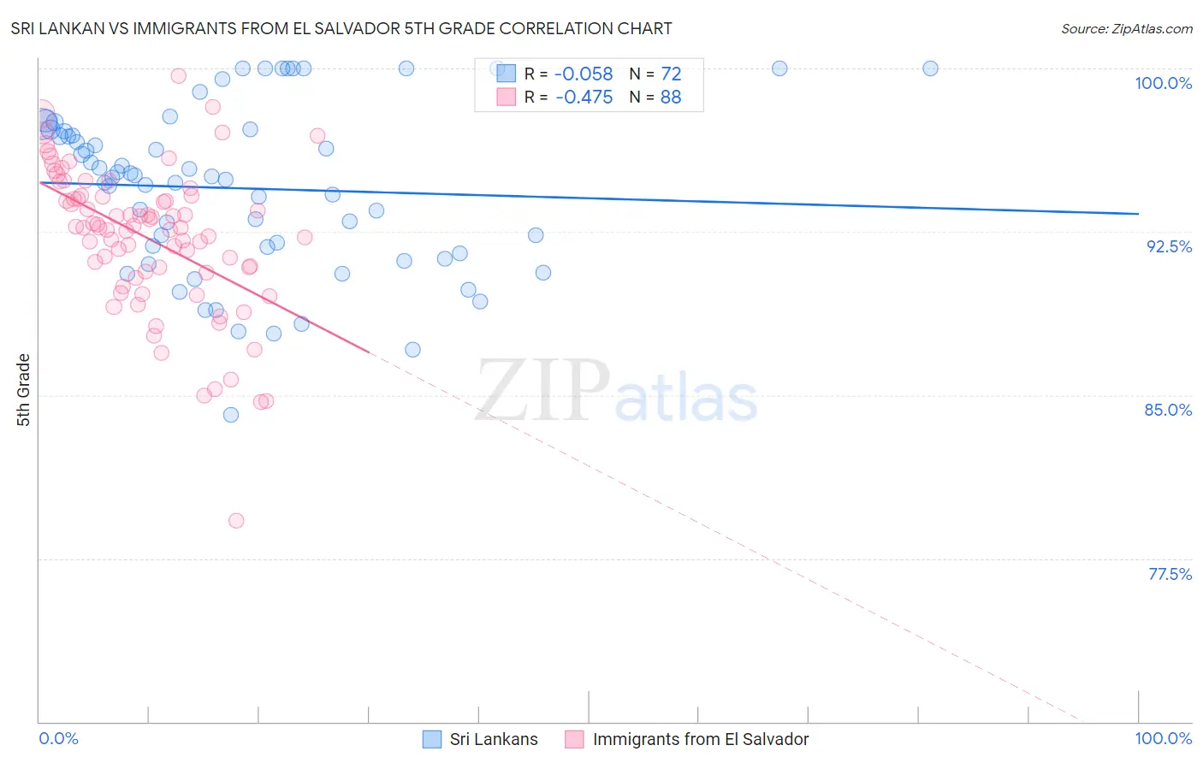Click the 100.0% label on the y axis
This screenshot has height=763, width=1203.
click(1163, 83)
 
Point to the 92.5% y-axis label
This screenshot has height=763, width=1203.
click(1169, 246)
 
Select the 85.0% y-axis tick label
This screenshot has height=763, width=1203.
click(1168, 410)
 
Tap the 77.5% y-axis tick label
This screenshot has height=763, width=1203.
click(1170, 574)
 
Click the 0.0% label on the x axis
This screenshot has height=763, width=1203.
click(58, 738)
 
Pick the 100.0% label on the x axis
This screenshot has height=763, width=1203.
click(1163, 738)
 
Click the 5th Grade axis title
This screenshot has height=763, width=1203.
click(23, 390)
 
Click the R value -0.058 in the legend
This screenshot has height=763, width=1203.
click(584, 74)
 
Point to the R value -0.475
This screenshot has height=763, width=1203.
click(584, 98)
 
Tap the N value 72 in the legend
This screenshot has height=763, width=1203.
click(671, 74)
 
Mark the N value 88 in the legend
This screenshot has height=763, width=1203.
click(671, 98)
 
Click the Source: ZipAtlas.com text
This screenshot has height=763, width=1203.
click(1126, 29)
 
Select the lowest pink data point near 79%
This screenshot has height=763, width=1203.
click(236, 520)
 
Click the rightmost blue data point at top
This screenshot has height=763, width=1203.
click(930, 68)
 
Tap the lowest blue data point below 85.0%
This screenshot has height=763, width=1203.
click(231, 415)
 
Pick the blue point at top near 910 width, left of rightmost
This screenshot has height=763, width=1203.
click(779, 68)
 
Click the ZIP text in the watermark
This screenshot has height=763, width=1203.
click(543, 390)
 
